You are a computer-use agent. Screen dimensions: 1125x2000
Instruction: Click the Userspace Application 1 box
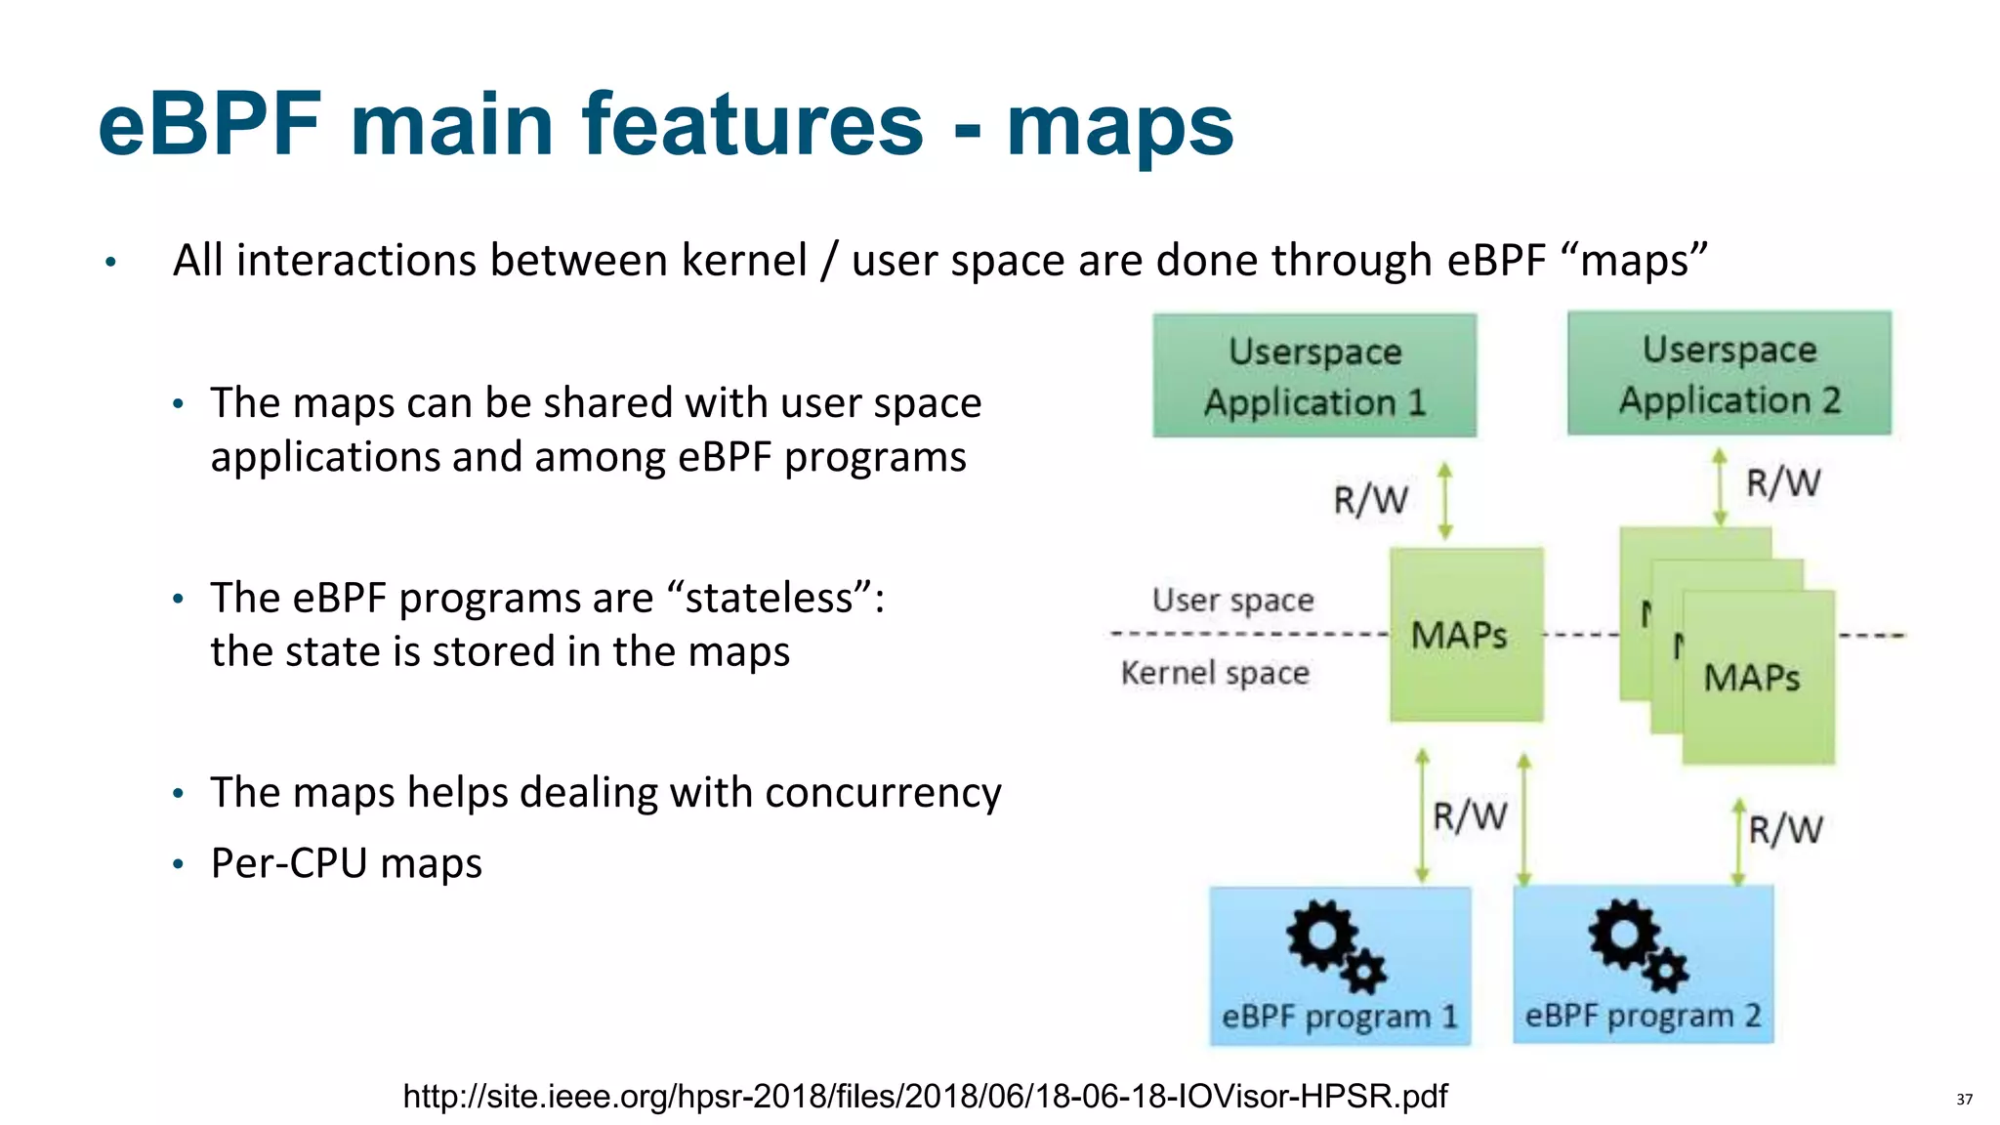(x=1313, y=376)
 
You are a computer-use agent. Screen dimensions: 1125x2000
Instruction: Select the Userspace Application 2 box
(x=1729, y=374)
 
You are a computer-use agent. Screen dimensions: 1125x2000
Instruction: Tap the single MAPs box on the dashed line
(x=1466, y=636)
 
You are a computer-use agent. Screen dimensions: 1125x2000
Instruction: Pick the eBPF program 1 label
(x=1339, y=1017)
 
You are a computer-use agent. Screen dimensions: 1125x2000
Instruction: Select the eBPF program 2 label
(x=1643, y=1016)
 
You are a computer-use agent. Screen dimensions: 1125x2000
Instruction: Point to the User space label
(x=1232, y=600)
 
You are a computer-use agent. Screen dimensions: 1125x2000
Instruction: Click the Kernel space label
(x=1214, y=673)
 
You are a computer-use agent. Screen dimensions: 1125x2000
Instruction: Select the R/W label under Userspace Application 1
(x=1370, y=500)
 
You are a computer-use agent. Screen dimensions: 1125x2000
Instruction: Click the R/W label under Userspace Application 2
(x=1782, y=482)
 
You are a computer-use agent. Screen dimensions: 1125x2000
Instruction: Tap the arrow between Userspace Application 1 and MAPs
(x=1445, y=501)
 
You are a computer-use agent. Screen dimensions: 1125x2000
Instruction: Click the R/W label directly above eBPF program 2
(x=1784, y=830)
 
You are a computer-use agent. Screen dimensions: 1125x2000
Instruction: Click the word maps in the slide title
(x=1119, y=127)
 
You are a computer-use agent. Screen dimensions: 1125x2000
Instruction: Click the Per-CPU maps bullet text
(x=346, y=863)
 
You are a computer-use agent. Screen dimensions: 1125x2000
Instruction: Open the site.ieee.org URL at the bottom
(x=925, y=1097)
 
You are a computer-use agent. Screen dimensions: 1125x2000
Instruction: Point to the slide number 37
(x=1964, y=1100)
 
